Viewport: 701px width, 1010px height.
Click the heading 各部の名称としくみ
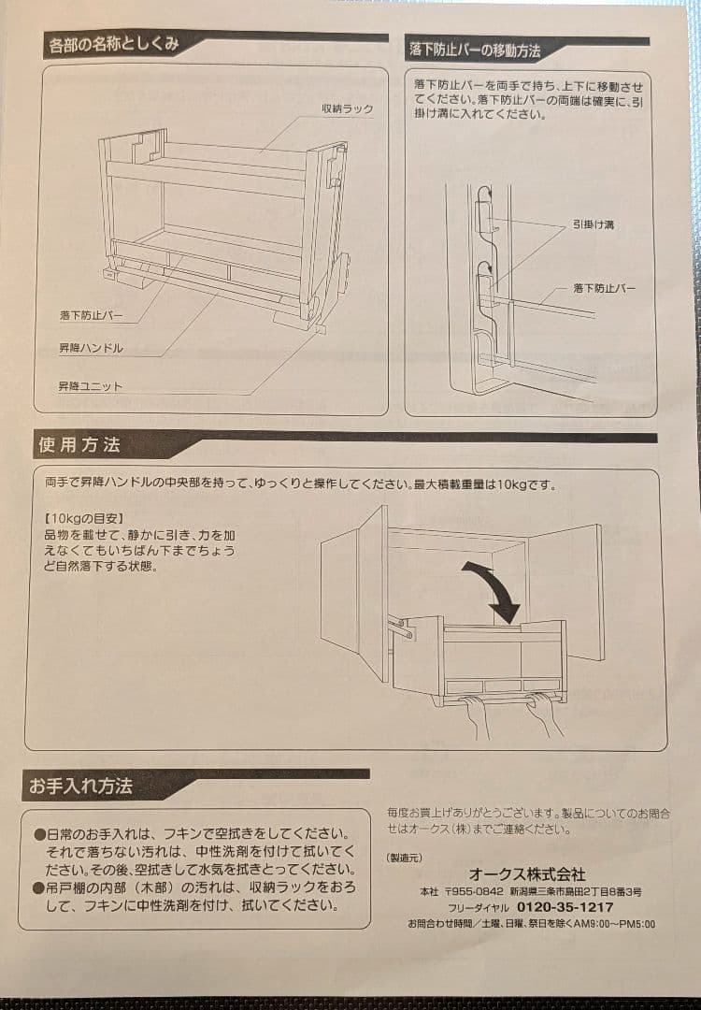pos(113,45)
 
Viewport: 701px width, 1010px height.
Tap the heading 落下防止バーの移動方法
pos(475,49)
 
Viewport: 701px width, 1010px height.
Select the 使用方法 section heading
pos(80,445)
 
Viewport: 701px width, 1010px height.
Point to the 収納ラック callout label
pos(347,108)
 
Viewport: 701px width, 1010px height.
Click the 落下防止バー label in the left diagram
pos(91,316)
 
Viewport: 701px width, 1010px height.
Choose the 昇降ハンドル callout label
pos(91,348)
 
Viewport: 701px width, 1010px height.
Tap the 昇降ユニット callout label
pos(90,386)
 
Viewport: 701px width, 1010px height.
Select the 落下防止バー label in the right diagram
pos(604,288)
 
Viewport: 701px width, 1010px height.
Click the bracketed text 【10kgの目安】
pos(84,517)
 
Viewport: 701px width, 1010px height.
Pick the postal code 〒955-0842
pos(473,892)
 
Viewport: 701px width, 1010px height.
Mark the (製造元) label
pos(404,857)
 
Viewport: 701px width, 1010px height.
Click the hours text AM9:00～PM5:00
pos(607,924)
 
